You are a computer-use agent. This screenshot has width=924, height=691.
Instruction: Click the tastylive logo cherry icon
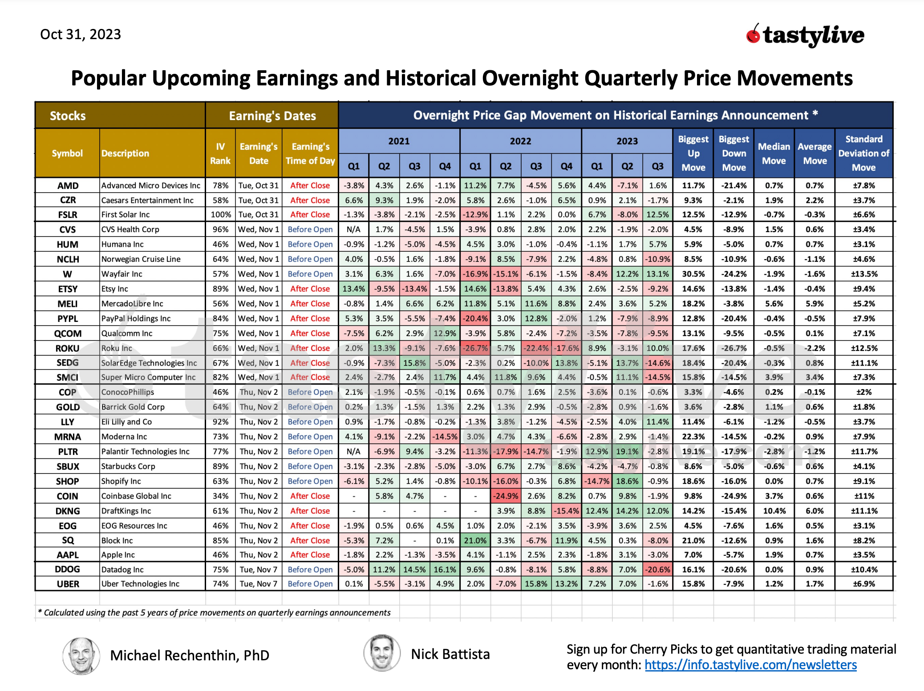[x=753, y=34]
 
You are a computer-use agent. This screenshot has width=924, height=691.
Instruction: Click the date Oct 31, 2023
[x=81, y=34]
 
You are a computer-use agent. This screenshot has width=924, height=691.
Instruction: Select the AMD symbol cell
[x=68, y=185]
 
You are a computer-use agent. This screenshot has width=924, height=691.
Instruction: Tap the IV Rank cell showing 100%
[x=220, y=214]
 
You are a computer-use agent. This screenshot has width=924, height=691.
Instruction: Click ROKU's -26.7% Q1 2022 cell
[x=475, y=348]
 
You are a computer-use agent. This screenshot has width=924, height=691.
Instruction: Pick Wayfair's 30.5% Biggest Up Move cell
[x=693, y=274]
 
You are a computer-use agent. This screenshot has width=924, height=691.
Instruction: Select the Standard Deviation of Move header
[x=863, y=153]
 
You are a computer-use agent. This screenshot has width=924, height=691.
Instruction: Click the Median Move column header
[x=774, y=153]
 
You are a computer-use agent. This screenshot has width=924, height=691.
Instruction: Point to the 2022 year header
[x=520, y=141]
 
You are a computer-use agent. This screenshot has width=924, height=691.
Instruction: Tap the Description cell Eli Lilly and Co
[x=126, y=422]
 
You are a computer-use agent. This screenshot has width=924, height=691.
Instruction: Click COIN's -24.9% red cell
[x=506, y=496]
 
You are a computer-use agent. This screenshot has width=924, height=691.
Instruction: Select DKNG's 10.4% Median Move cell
[x=774, y=511]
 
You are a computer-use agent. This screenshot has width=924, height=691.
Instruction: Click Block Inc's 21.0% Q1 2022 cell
[x=475, y=540]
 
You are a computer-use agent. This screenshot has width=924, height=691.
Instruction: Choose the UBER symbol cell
[x=68, y=584]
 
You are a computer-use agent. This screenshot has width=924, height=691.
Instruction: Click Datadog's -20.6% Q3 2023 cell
[x=657, y=570]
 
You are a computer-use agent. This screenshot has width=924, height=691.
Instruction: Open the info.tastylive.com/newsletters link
[x=750, y=665]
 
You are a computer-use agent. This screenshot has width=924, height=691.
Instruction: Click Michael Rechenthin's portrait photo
[x=81, y=655]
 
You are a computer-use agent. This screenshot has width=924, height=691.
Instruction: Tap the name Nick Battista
[x=450, y=654]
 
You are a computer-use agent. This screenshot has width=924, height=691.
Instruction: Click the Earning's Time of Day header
[x=310, y=153]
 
